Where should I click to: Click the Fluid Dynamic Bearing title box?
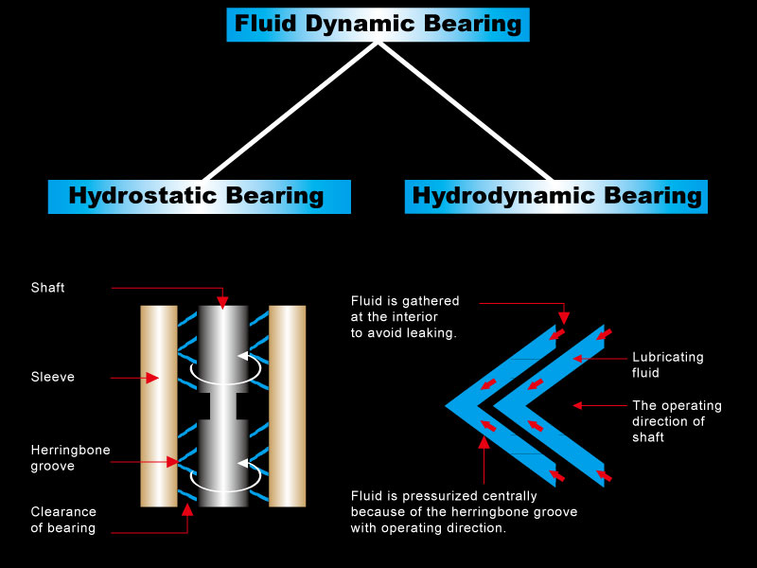click(x=378, y=25)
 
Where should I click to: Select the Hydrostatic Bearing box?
click(x=200, y=197)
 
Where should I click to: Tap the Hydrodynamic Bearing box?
click(x=556, y=197)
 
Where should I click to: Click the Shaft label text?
click(x=47, y=288)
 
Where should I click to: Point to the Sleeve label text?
click(x=53, y=377)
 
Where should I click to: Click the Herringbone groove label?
click(x=70, y=458)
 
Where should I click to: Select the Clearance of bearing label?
click(x=63, y=520)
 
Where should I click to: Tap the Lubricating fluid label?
click(x=668, y=364)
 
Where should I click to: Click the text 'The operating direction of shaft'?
click(x=677, y=421)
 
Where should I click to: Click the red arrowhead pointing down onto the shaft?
click(x=222, y=303)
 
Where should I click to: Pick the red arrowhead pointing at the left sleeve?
click(x=152, y=378)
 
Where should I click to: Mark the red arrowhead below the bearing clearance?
click(x=187, y=510)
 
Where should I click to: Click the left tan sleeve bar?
click(x=159, y=406)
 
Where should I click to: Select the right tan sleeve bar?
click(x=288, y=406)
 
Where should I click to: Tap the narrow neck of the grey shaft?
click(x=223, y=406)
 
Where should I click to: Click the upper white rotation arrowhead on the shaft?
click(x=243, y=357)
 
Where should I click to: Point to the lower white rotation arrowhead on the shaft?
click(x=243, y=464)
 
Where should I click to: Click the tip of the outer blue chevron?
click(x=446, y=406)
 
